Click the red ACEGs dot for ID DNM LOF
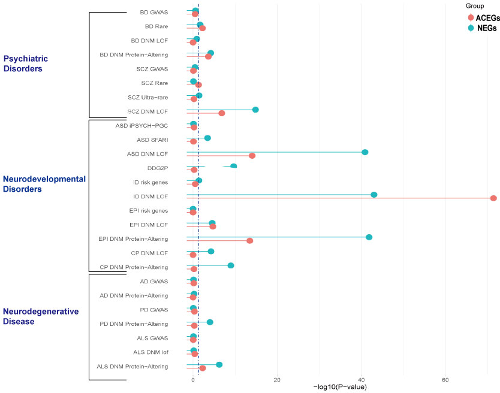pos(493,198)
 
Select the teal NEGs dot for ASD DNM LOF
pos(365,152)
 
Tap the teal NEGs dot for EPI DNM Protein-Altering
pos(369,237)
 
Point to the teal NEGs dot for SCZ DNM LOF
pos(255,110)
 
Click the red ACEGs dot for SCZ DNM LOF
pos(222,113)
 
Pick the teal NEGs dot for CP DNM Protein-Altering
pos(231,265)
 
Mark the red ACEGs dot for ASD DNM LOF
pos(252,156)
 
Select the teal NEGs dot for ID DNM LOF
pos(374,195)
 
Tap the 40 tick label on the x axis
pos(361,379)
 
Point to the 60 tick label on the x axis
pos(445,379)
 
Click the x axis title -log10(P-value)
pos(339,387)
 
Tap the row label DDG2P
pos(157,168)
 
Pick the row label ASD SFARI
pos(152,140)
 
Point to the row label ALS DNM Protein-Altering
pos(132,366)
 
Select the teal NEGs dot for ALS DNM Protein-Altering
pos(219,365)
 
